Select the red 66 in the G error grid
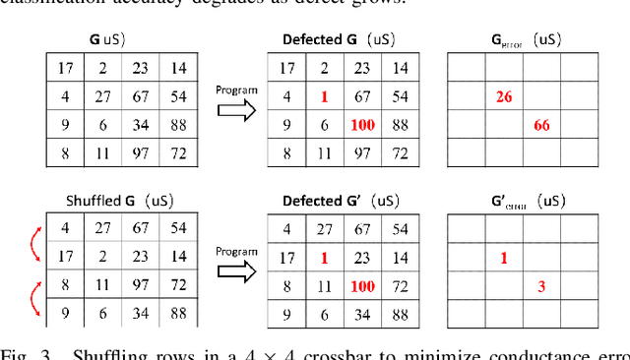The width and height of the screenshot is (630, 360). tap(541, 125)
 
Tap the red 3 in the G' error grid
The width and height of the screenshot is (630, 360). tap(541, 286)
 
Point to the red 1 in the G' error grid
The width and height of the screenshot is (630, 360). tap(505, 259)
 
